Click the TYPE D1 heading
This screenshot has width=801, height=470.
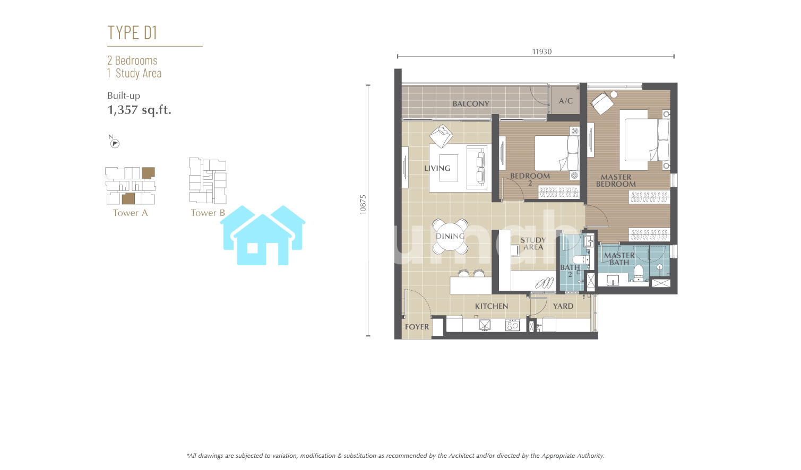pos(132,32)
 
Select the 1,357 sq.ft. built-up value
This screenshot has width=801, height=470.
pos(140,110)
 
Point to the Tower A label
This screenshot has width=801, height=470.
pos(130,213)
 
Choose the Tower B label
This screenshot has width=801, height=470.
pos(208,213)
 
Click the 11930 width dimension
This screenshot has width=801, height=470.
pos(542,51)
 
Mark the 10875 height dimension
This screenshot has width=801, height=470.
pos(363,204)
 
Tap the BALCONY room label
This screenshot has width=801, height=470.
pos(471,103)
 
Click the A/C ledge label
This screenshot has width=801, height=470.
pos(566,101)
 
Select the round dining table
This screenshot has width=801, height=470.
pos(450,236)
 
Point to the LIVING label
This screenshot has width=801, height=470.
pos(437,168)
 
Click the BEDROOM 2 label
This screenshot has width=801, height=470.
pos(530,179)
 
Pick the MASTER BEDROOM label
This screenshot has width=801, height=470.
pos(616,180)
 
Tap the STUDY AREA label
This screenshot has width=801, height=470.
pos(533,243)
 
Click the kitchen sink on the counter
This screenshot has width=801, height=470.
pos(485,325)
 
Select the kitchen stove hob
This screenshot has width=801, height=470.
pos(512,325)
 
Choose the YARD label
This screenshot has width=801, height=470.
pos(563,306)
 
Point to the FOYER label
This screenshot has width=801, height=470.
pos(417,327)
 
